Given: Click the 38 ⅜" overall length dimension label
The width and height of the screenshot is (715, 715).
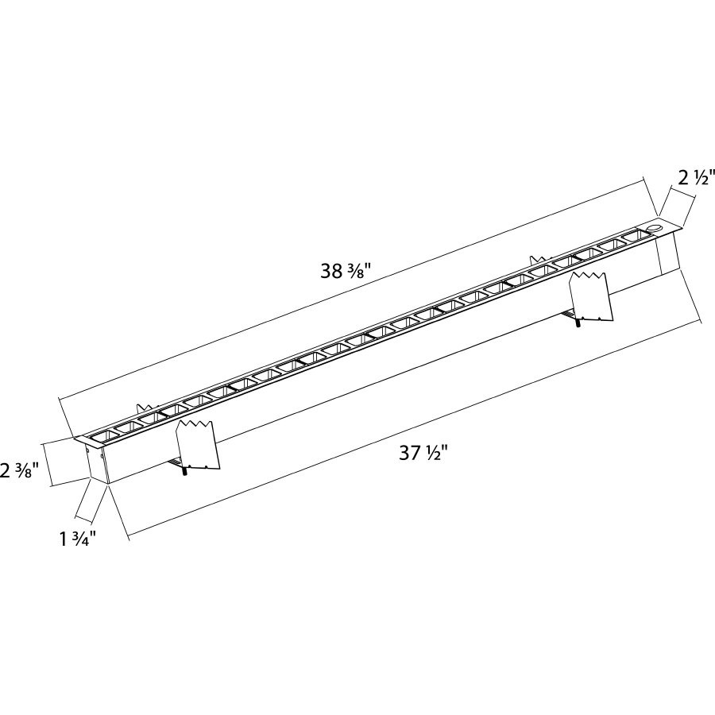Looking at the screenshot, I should [346, 271].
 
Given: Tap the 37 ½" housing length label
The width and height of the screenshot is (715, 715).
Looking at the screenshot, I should [423, 454].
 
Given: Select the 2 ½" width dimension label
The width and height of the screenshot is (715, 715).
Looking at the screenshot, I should [697, 177].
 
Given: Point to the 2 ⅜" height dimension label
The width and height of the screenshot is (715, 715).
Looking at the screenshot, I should [20, 470].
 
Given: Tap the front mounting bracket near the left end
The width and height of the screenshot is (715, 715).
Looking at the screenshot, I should [196, 445].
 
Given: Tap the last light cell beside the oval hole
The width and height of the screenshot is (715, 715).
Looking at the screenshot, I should [634, 237].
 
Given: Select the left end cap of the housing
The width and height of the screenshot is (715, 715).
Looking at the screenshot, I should [96, 463].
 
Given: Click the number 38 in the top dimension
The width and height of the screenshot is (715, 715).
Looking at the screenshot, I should [332, 271].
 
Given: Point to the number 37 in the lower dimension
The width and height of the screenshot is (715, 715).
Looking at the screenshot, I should [409, 454].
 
